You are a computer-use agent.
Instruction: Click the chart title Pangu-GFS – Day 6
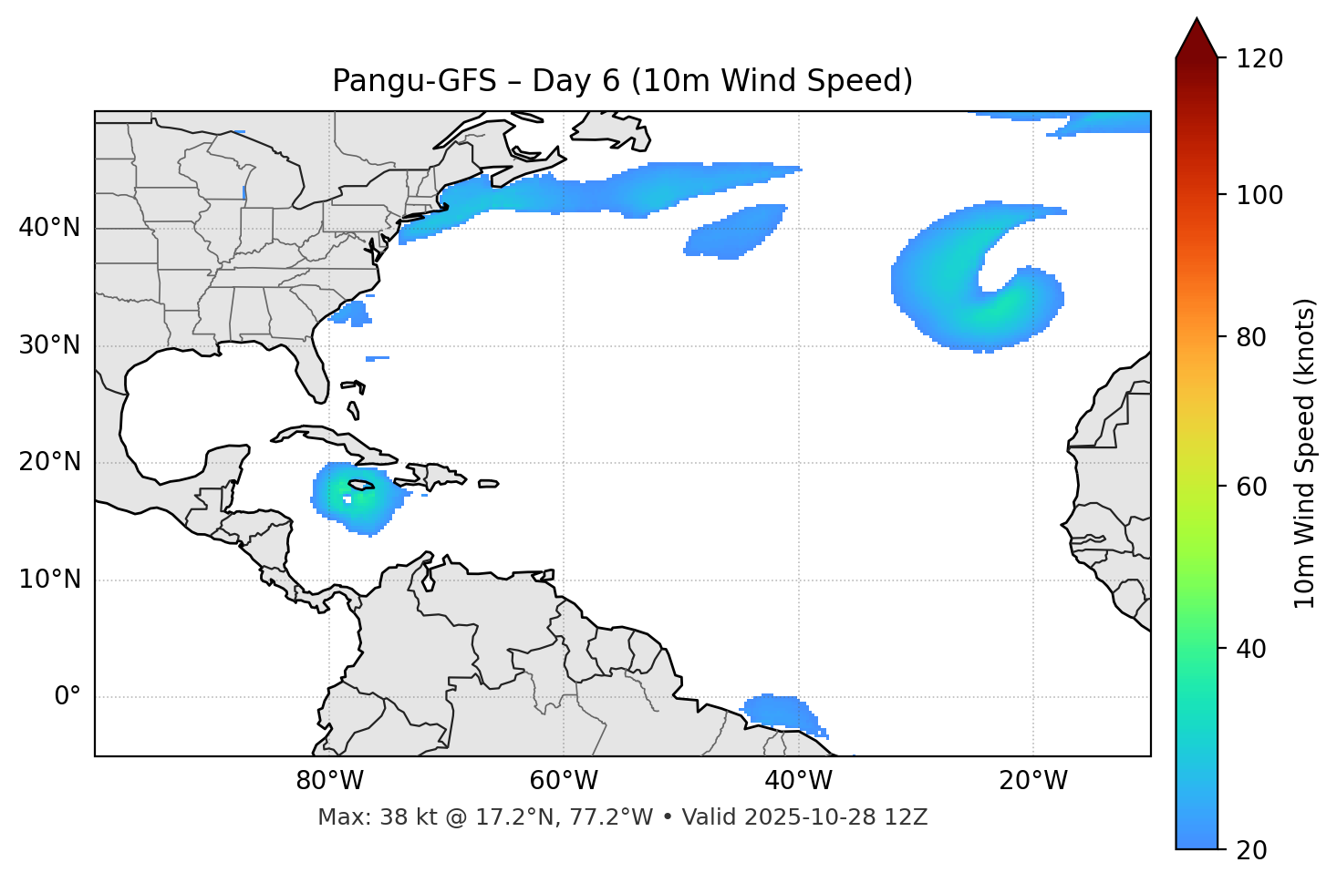622,81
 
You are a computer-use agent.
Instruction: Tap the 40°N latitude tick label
49,228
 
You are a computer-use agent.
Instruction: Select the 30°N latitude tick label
49,345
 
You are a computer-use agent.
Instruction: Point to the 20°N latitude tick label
49,462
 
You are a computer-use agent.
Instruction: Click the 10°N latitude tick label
49,580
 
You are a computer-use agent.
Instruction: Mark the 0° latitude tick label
67,697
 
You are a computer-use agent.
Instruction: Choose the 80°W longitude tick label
329,781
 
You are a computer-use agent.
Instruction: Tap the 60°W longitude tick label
564,781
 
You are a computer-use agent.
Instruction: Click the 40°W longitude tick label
799,781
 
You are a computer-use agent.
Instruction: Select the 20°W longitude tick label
1033,781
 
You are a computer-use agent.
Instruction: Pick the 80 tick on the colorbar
1257,337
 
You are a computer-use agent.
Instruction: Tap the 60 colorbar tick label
1257,487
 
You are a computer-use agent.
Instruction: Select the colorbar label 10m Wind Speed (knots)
1305,454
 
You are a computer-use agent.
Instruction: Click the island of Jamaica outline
361,486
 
